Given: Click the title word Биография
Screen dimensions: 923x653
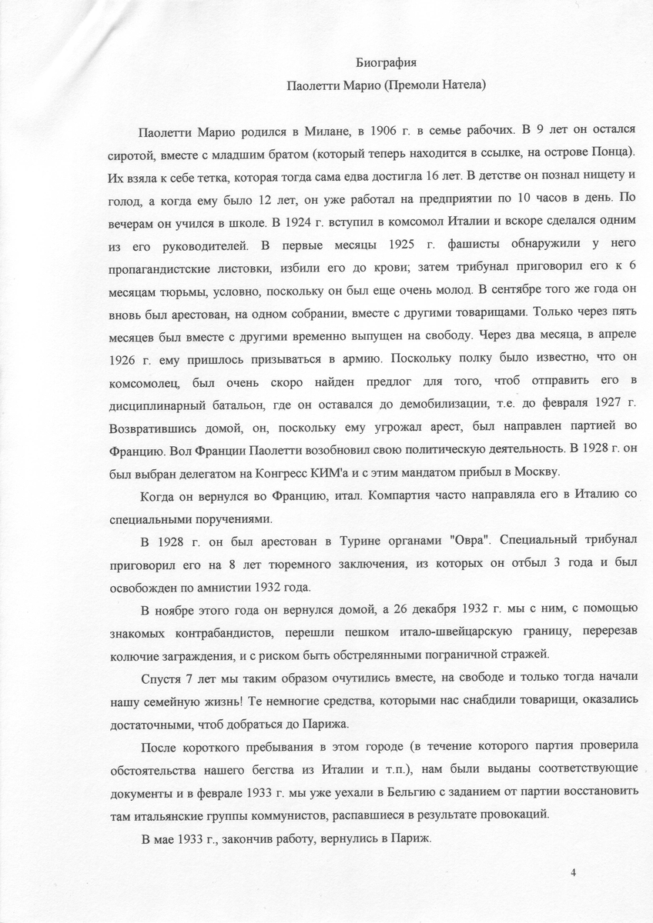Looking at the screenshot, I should pyautogui.click(x=389, y=61).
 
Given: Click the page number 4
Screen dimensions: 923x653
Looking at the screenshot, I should pyautogui.click(x=574, y=871).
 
